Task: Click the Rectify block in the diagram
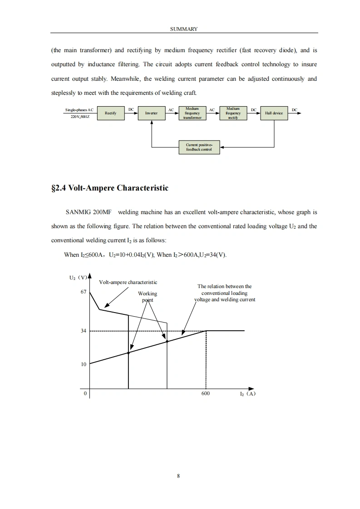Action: [x=111, y=113]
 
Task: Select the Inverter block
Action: [x=151, y=113]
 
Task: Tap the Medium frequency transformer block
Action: [x=192, y=113]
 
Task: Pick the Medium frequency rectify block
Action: [x=232, y=113]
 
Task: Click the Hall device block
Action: [x=274, y=113]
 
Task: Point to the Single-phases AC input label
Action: [x=79, y=110]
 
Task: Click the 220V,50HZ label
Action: [x=80, y=117]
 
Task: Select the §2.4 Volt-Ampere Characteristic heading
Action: [x=110, y=188]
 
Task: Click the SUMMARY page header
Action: [x=184, y=29]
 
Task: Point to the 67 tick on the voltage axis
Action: [x=83, y=293]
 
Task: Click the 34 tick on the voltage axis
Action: [x=83, y=331]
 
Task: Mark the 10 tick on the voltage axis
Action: [x=83, y=364]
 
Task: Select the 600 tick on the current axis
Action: [x=206, y=394]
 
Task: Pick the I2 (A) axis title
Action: [x=248, y=394]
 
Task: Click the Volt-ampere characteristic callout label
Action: [x=128, y=282]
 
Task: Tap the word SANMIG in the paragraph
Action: [x=78, y=212]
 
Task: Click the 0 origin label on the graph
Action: [x=85, y=394]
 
